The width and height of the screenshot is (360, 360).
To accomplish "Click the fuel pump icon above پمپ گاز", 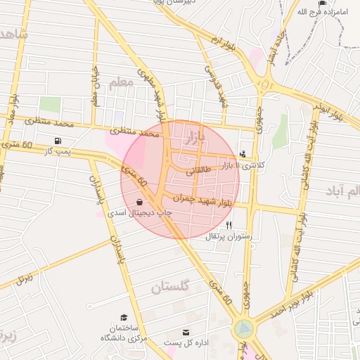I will [56, 141].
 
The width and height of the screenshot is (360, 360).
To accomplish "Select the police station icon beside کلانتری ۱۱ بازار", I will [243, 154].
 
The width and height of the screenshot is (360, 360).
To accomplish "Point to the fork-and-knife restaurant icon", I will [229, 225].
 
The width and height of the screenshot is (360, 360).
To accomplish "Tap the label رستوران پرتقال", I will [229, 237].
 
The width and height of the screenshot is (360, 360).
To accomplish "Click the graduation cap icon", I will [124, 318].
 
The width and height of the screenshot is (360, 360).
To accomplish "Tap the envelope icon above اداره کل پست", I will [186, 332].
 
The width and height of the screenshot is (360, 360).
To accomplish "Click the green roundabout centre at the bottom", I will [244, 328].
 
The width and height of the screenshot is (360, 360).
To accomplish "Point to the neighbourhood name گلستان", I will [171, 287].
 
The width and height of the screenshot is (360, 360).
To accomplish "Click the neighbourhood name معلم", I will [121, 82].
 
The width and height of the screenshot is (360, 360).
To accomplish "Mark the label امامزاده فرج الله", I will [321, 12].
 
